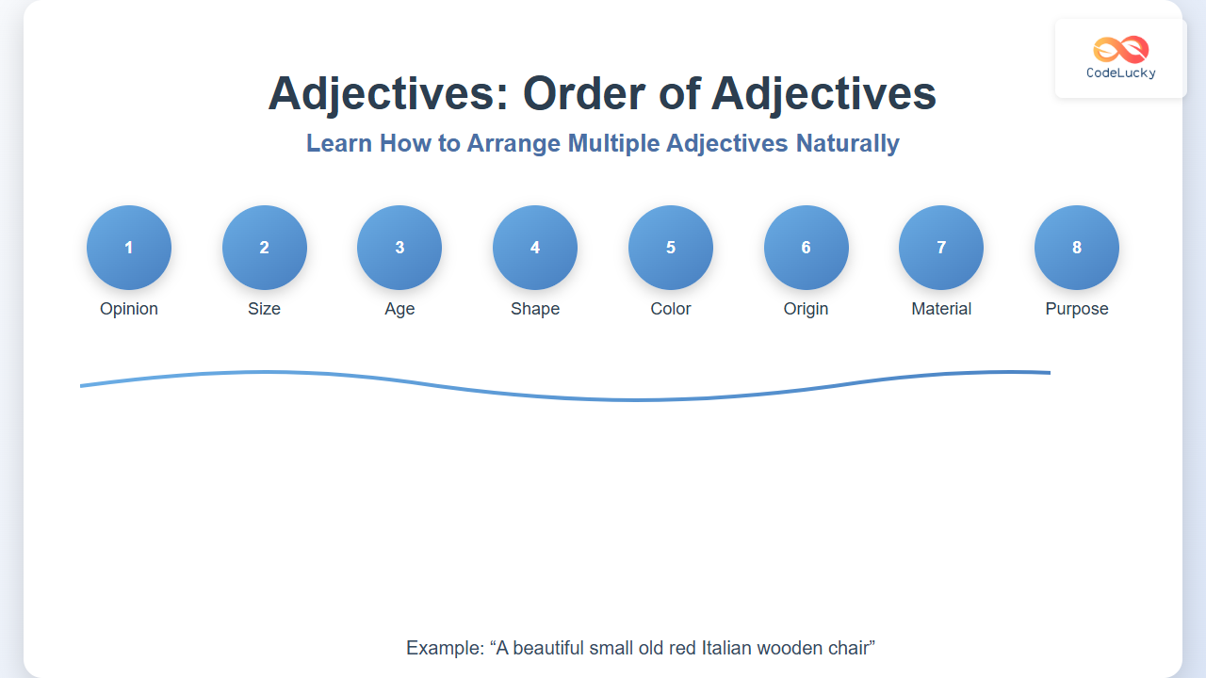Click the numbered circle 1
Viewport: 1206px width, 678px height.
pyautogui.click(x=129, y=248)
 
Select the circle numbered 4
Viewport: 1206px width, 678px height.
pyautogui.click(x=535, y=248)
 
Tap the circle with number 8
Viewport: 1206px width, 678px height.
pyautogui.click(x=1077, y=248)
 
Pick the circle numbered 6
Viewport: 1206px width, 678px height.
pyautogui.click(x=806, y=248)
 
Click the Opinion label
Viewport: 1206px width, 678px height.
pyautogui.click(x=129, y=309)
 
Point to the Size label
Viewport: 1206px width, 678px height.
pyautogui.click(x=265, y=309)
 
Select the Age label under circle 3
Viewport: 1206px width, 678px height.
pyautogui.click(x=399, y=310)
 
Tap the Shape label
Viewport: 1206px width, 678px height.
pyautogui.click(x=535, y=309)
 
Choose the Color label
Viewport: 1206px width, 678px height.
pyautogui.click(x=671, y=309)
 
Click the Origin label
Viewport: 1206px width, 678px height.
pyautogui.click(x=806, y=309)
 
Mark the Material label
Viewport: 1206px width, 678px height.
pyautogui.click(x=941, y=309)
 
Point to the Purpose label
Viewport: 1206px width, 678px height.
pyautogui.click(x=1077, y=309)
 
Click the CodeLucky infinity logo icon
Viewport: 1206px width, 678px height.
pyautogui.click(x=1121, y=50)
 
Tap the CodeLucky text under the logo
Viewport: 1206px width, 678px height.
pyautogui.click(x=1121, y=73)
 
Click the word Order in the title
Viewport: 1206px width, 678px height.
pyautogui.click(x=584, y=94)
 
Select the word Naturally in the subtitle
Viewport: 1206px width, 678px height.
pyautogui.click(x=848, y=144)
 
